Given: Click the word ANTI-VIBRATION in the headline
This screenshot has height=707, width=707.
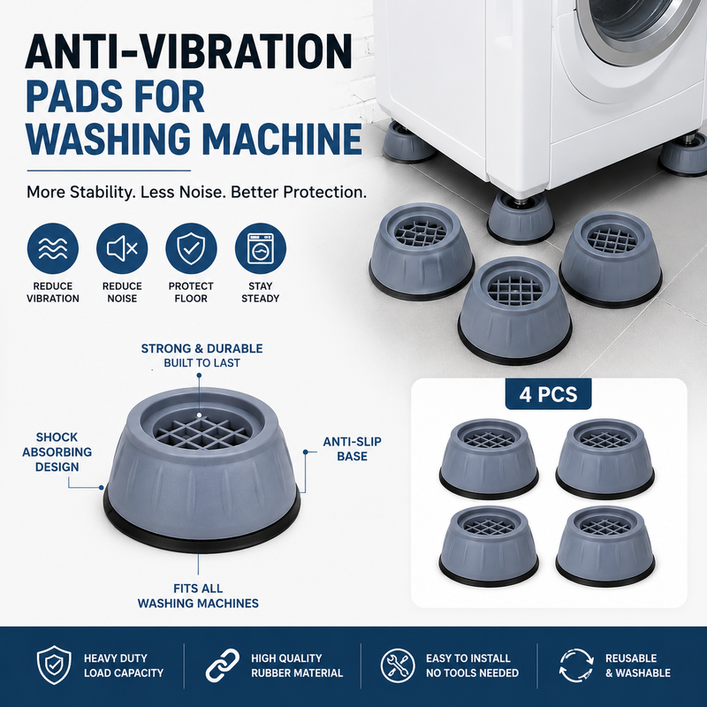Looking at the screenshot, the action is click(189, 52).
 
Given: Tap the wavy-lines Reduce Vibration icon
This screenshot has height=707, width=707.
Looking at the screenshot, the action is click(53, 248).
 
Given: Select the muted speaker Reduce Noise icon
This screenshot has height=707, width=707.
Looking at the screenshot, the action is click(122, 248).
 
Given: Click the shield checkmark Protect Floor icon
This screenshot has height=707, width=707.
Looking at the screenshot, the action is click(191, 248).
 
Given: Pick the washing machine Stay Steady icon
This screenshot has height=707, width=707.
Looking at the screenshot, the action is click(261, 248).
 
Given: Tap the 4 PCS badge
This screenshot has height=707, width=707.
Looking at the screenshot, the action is click(548, 394).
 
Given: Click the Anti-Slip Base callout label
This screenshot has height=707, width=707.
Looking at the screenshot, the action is click(352, 449).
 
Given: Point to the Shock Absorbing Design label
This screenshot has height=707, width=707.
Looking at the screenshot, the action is click(57, 452).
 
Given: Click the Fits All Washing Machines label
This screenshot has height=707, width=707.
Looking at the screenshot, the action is click(198, 596).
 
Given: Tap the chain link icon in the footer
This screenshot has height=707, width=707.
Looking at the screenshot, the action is click(223, 665).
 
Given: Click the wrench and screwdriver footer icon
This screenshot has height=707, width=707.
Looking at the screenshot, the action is click(398, 665).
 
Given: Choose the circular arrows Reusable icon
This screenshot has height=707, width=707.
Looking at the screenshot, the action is click(576, 665).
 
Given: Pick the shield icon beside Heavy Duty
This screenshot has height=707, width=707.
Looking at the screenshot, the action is click(54, 665).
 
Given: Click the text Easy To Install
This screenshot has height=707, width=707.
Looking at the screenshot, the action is click(468, 658).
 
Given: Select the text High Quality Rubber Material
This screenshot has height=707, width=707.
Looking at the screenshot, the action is click(297, 665).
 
